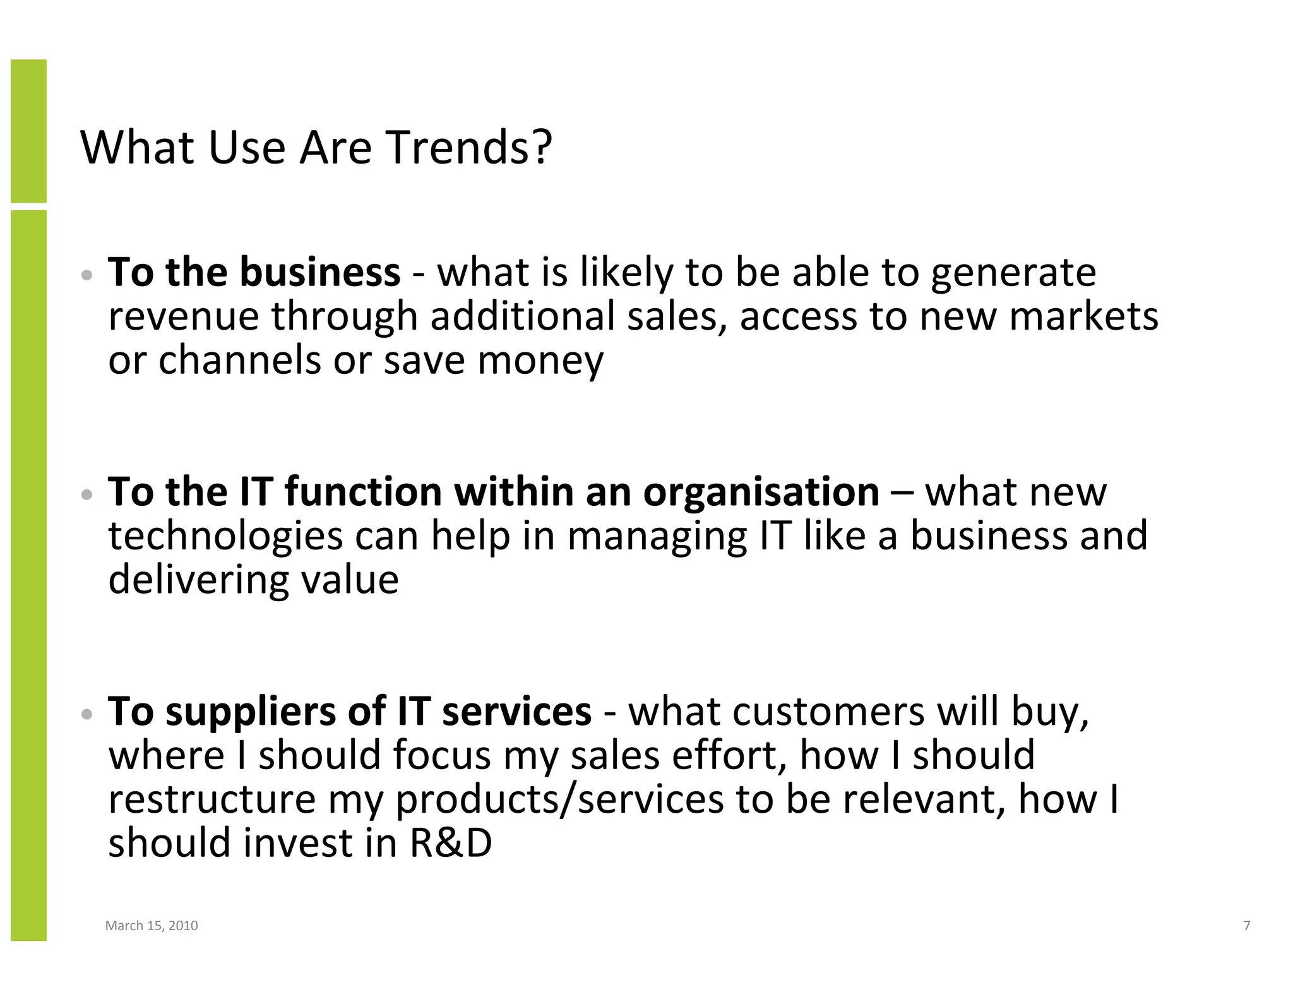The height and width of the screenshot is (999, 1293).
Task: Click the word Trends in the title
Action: click(x=468, y=148)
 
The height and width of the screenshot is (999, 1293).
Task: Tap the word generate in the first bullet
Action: click(x=1013, y=273)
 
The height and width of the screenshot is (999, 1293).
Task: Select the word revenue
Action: click(x=183, y=316)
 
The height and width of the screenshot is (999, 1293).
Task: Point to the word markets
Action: click(x=1083, y=316)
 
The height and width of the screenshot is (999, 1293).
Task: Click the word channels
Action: click(x=239, y=361)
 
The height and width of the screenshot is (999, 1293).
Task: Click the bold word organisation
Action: click(x=761, y=492)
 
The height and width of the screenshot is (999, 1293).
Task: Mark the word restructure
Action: click(x=212, y=799)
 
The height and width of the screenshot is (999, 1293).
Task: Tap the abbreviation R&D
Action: click(x=451, y=844)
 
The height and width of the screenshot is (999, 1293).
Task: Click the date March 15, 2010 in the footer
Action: click(x=152, y=926)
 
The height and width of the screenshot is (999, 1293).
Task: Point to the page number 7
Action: click(x=1246, y=926)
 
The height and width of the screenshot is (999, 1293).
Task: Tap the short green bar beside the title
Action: click(x=28, y=131)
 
